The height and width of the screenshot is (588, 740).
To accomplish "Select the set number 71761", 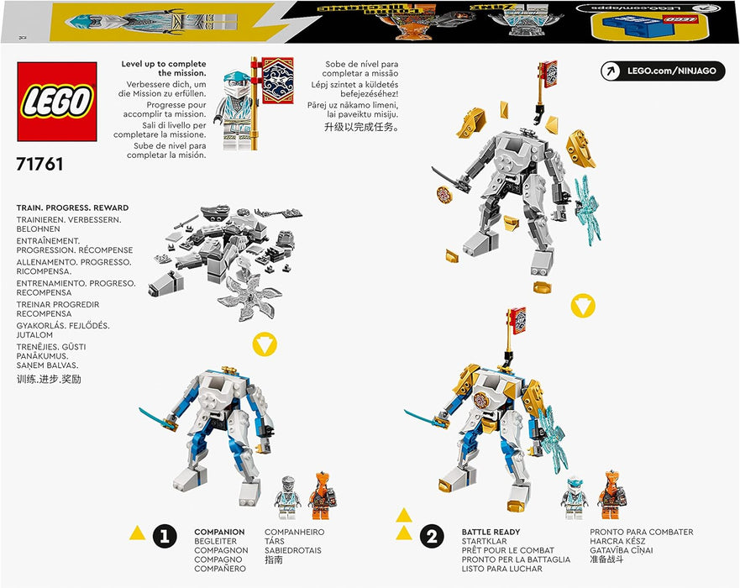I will coord(39,165).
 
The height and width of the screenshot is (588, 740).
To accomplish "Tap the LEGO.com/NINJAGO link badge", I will coord(663,71).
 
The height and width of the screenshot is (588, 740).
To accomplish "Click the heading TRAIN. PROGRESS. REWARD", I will coord(72,207).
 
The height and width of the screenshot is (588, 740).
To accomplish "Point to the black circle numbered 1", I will coord(165,535).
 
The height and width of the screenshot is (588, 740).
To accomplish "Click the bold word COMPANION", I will coord(219,532).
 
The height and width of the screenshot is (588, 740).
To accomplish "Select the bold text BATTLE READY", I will coord(491,532).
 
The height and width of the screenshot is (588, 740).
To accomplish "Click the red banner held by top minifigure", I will coord(277,80).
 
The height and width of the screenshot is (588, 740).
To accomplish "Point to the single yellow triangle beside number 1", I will coord(136,531).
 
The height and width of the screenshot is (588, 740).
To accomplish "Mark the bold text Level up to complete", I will coord(163,69).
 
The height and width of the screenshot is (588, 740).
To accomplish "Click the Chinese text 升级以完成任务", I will coord(362,128).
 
